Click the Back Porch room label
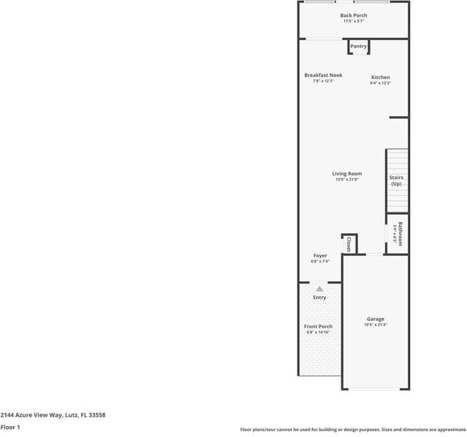tap(354, 15)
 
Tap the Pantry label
tap(358, 47)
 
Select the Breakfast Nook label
tap(323, 75)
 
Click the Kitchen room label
tap(380, 77)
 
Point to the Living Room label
tap(347, 174)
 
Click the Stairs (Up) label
tap(396, 180)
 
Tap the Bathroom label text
tap(400, 234)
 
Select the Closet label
tap(349, 244)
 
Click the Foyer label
tap(320, 256)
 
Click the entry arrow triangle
tap(319, 289)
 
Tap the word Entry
tap(319, 297)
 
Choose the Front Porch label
tap(318, 327)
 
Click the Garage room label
tap(376, 319)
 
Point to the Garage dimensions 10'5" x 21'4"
tap(376, 325)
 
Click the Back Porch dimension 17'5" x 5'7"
tap(354, 21)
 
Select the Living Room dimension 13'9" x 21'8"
tap(347, 180)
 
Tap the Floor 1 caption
tap(10, 427)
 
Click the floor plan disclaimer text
tap(352, 430)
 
